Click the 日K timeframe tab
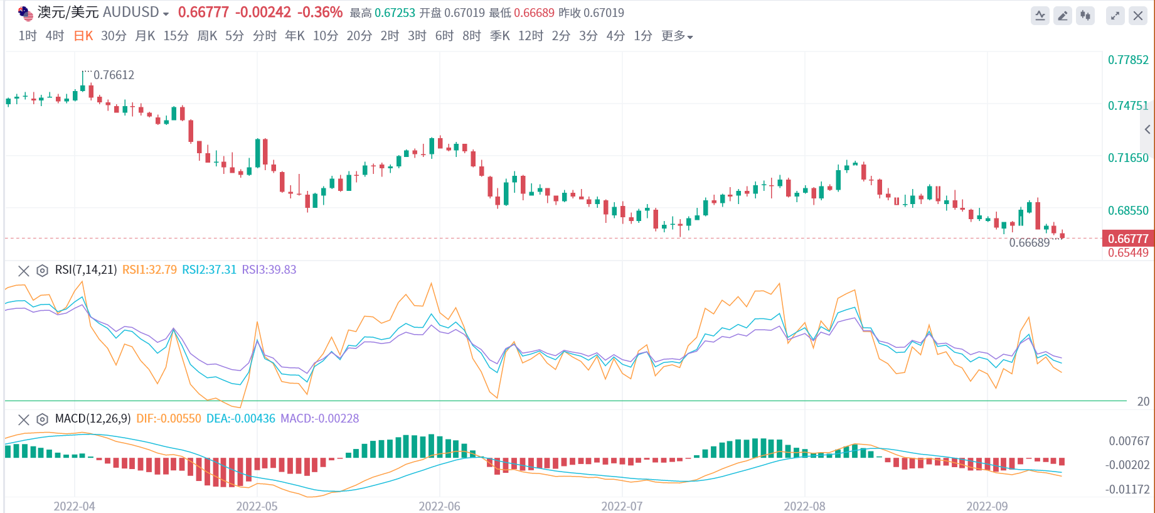pyautogui.click(x=83, y=36)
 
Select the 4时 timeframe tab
pyautogui.click(x=55, y=36)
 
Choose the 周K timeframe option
pyautogui.click(x=207, y=36)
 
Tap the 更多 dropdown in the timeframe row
pyautogui.click(x=676, y=36)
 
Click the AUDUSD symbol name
pyautogui.click(x=130, y=12)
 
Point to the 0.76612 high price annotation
pyautogui.click(x=114, y=75)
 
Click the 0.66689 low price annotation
pyautogui.click(x=1029, y=243)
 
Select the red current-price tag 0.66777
pyautogui.click(x=1127, y=239)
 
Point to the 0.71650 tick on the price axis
pyautogui.click(x=1127, y=158)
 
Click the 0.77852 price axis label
pyautogui.click(x=1127, y=60)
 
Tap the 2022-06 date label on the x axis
pyautogui.click(x=439, y=506)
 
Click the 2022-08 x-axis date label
pyautogui.click(x=804, y=506)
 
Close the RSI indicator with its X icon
pyautogui.click(x=24, y=271)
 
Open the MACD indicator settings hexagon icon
pyautogui.click(x=42, y=419)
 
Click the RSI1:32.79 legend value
pyautogui.click(x=149, y=270)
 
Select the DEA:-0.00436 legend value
pyautogui.click(x=240, y=419)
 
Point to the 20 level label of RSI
pyautogui.click(x=1143, y=401)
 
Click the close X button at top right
pyautogui.click(x=1137, y=16)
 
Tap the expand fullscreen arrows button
pyautogui.click(x=1115, y=16)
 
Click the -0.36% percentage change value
pyautogui.click(x=319, y=12)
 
